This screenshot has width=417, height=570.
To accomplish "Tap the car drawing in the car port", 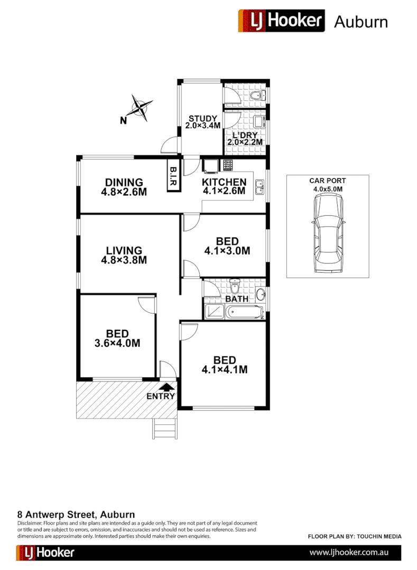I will [328, 232].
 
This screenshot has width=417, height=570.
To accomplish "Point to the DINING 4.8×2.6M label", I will [124, 187].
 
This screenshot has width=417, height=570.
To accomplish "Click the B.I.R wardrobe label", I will [173, 176].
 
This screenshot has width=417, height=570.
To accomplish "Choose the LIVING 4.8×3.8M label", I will [124, 255].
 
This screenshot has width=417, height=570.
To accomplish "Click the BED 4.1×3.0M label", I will [227, 246].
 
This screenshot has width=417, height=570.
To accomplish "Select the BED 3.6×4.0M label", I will [117, 338].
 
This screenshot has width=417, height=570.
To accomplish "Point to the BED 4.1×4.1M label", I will [225, 365].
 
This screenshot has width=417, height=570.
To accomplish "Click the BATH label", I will [237, 299].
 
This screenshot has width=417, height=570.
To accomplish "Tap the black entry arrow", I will [168, 388].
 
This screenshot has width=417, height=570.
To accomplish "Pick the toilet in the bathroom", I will [236, 288].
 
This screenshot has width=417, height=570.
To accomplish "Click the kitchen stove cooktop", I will [228, 165].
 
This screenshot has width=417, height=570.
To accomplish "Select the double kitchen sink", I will [260, 187].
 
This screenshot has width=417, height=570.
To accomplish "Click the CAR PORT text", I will [324, 180].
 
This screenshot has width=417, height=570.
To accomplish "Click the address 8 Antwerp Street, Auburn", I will [77, 514].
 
